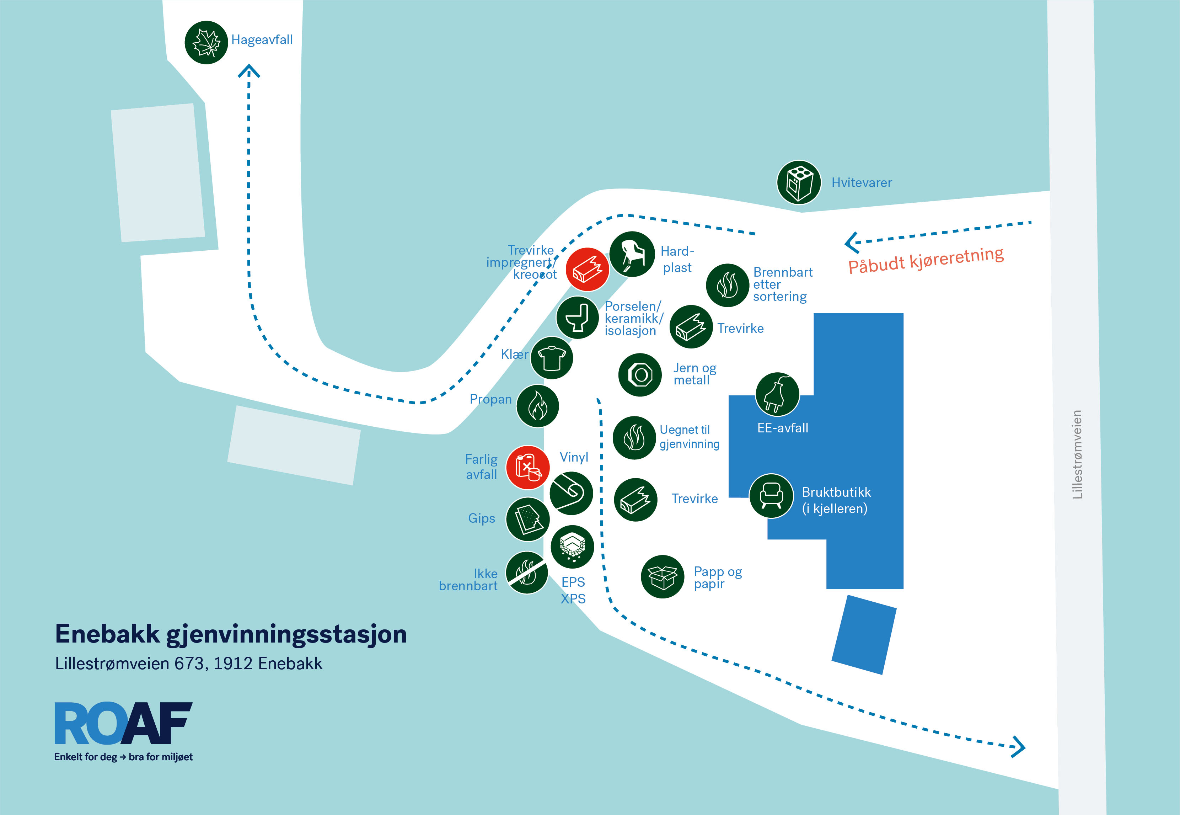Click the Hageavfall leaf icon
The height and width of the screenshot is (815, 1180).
206,42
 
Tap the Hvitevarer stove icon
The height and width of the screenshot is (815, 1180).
799,182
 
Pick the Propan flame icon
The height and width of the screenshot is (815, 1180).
537,406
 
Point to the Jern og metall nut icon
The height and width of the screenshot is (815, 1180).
640,375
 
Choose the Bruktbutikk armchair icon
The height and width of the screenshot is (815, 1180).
771,496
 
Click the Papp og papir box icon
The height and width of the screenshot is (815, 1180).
663,576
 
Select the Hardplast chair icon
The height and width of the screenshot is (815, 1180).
632,254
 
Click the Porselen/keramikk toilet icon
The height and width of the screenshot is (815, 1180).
577,318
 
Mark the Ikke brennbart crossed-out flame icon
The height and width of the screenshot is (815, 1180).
527,572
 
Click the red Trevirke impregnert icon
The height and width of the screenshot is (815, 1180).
588,270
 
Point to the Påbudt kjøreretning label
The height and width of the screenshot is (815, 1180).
926,260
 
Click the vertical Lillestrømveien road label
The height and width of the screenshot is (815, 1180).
1077,454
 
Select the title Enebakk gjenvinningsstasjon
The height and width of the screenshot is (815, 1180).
231,635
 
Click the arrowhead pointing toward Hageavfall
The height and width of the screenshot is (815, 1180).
249,71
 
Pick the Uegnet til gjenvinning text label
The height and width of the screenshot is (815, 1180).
690,437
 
